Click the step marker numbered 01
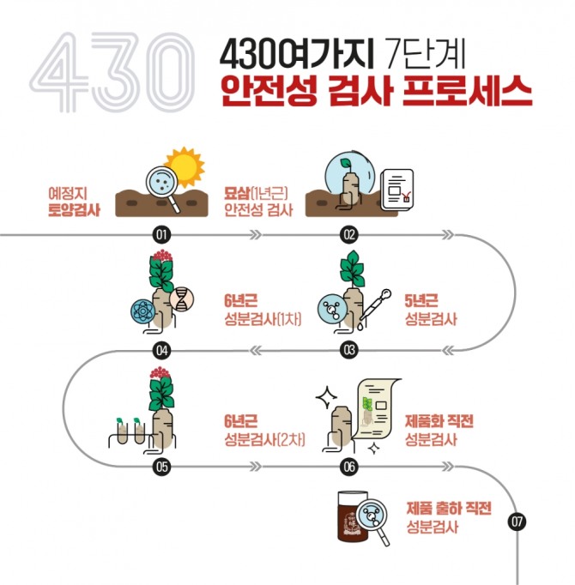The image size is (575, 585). (x=161, y=235)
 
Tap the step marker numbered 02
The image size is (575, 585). (x=349, y=235)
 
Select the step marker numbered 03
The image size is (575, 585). (x=349, y=350)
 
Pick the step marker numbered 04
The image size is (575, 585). (x=161, y=350)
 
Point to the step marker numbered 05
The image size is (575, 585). (x=161, y=467)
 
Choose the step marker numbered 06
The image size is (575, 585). (x=349, y=467)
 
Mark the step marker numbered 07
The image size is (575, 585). (x=517, y=522)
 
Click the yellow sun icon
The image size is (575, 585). (x=185, y=166)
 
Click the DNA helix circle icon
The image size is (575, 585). (x=182, y=299)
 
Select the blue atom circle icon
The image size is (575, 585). (x=142, y=311)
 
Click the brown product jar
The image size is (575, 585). (x=353, y=516)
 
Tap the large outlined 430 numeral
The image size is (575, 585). (x=112, y=72)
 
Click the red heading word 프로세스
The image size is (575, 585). (x=467, y=92)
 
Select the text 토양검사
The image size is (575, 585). (x=75, y=210)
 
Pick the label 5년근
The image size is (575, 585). (x=421, y=301)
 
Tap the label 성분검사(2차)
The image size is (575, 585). (x=264, y=439)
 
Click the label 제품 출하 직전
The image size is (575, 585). (x=449, y=508)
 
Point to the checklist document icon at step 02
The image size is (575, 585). (x=396, y=190)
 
